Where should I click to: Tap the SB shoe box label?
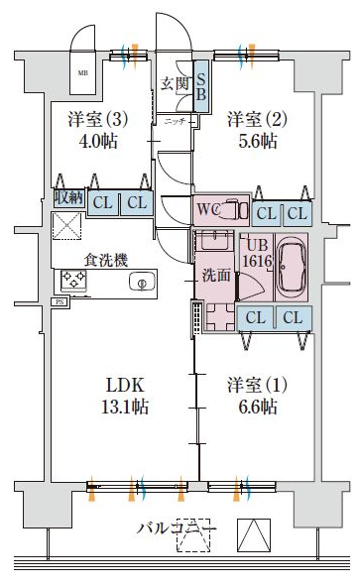[x=200, y=84]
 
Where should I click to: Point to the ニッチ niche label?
[x=175, y=121]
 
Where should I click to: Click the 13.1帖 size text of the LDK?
[x=114, y=407]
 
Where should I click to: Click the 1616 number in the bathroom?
[x=257, y=261]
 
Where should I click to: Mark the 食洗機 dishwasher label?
[x=105, y=260]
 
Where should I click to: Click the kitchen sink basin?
[x=142, y=283]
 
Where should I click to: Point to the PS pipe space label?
[x=60, y=301]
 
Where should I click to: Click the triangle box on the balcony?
[x=254, y=536]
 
